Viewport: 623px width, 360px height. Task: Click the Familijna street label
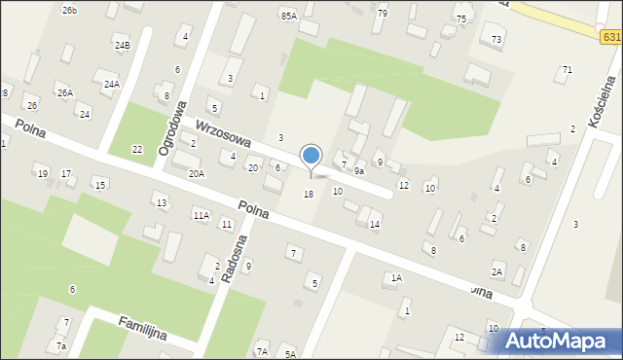tap(142, 328)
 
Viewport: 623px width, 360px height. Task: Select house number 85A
tap(288, 16)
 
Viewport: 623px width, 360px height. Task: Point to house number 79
tap(382, 13)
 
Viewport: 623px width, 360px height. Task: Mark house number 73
tap(496, 39)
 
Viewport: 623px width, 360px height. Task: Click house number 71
tap(567, 70)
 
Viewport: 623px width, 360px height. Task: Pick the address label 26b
tap(69, 10)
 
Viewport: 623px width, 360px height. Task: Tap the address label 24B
tap(122, 45)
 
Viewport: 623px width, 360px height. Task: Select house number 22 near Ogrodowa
tap(137, 149)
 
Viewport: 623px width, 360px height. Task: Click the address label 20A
tap(197, 173)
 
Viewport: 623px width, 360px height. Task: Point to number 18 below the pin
tap(309, 195)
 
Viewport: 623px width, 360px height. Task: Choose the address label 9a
tap(358, 171)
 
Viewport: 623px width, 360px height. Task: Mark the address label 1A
tap(396, 278)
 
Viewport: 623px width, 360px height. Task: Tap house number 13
tap(162, 202)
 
